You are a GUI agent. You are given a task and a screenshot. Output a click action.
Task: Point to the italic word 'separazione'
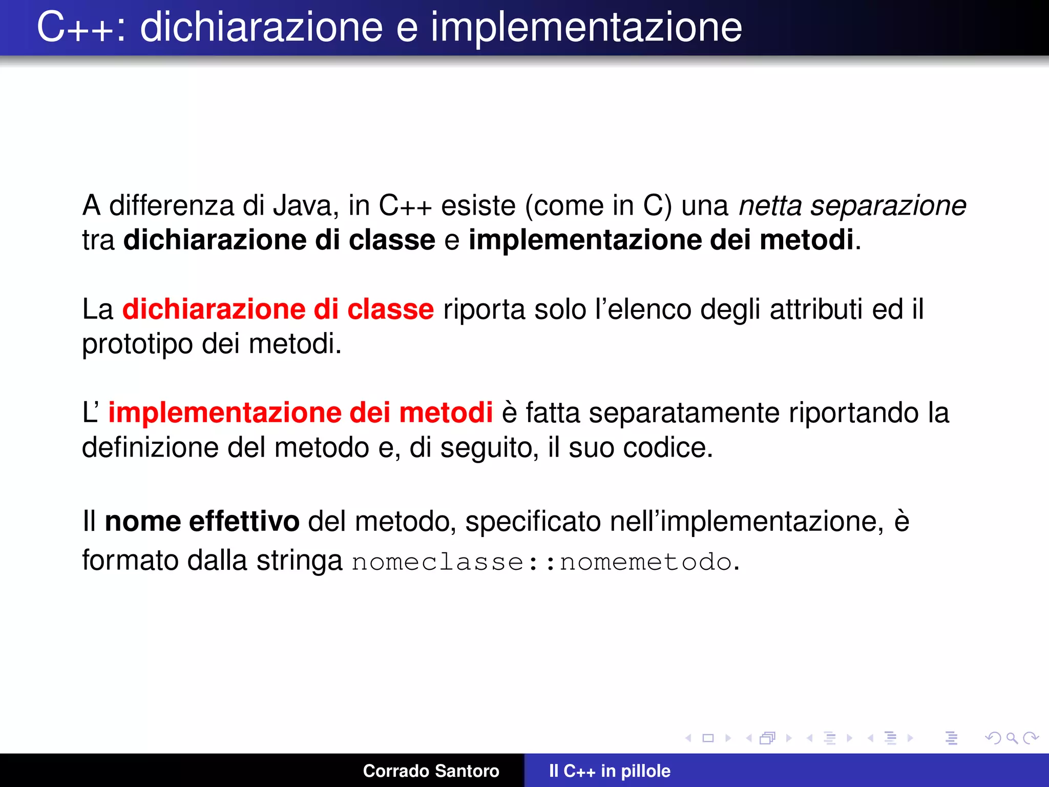[x=888, y=206]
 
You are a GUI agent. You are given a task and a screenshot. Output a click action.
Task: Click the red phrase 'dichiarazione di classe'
[x=278, y=309]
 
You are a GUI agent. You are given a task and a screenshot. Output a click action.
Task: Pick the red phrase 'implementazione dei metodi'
[x=301, y=413]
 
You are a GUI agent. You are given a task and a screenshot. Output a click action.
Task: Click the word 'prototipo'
[x=137, y=344]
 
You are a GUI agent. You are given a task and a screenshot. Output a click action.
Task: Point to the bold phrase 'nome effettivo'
[x=202, y=522]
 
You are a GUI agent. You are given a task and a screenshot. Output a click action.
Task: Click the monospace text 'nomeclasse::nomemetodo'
[x=542, y=562]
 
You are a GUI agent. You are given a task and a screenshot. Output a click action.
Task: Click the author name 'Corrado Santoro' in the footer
[x=431, y=771]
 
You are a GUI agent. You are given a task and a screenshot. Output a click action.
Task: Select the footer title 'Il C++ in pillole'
[x=610, y=771]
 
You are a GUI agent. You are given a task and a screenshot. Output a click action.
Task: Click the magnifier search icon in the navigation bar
[x=1012, y=738]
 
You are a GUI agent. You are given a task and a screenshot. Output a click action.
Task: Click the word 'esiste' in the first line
[x=478, y=206]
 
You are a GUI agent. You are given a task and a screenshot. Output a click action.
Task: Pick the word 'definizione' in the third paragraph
[x=150, y=447]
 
